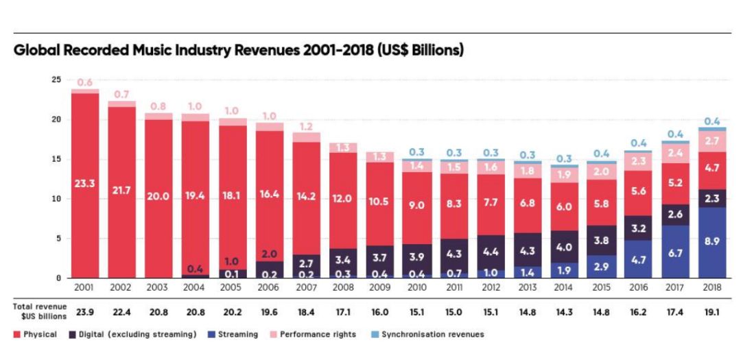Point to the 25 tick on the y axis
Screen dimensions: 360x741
[x=56, y=80]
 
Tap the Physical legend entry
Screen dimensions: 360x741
[x=35, y=334]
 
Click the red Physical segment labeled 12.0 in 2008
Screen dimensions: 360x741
[x=344, y=200]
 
